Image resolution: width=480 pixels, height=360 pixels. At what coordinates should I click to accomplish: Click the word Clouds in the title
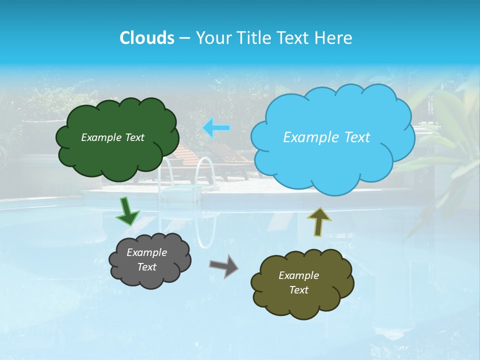coord(146,38)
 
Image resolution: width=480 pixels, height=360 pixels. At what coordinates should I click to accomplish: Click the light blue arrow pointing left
coord(216,128)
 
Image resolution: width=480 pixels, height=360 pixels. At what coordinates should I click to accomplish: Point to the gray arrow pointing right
coord(224,266)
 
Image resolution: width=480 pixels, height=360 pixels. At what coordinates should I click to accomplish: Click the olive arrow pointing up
coord(318,221)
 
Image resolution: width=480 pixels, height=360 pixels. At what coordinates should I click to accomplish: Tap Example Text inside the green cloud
coord(112,137)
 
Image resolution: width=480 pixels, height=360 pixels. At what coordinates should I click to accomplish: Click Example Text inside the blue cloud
coord(326,137)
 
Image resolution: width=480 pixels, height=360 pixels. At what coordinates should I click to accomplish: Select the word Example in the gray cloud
coord(146,252)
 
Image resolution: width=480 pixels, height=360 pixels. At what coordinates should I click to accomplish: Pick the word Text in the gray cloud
coord(146,267)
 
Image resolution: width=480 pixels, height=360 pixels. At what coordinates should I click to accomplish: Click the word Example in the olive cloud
coord(298,275)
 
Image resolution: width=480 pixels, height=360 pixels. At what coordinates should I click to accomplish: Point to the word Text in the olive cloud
coord(298,290)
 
